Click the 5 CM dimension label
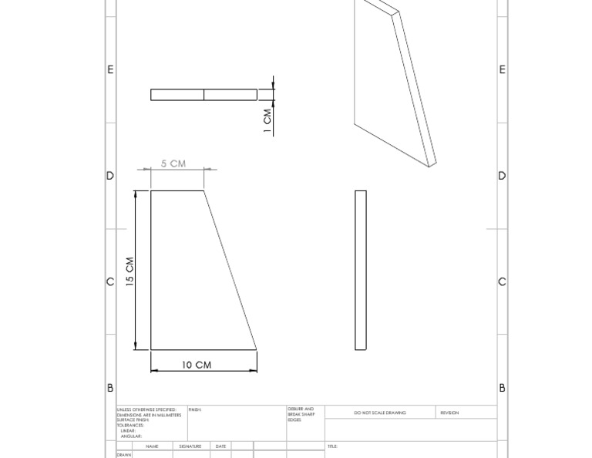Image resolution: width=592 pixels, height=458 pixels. [173, 163]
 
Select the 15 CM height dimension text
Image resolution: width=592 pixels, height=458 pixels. [130, 271]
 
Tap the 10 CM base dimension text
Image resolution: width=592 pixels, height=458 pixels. [197, 365]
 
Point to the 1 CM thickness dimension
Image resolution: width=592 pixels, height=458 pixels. [267, 120]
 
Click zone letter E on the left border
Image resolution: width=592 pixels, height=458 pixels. [110, 69]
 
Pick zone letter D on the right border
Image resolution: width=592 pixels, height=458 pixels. [502, 176]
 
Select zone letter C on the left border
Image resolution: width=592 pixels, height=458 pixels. [110, 281]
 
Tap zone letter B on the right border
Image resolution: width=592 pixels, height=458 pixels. [502, 388]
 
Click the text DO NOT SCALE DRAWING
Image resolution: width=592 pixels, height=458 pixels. [380, 413]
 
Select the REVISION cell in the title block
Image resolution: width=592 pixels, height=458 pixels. [449, 413]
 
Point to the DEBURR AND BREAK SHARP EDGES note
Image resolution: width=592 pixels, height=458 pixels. [301, 415]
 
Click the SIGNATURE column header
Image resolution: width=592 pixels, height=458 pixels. [190, 446]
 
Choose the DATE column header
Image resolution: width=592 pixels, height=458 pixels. [220, 446]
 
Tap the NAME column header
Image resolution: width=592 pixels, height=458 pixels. [152, 446]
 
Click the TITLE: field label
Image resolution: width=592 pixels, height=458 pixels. [332, 446]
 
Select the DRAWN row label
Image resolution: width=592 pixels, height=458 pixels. [124, 455]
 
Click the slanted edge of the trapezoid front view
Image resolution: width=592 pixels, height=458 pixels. [230, 271]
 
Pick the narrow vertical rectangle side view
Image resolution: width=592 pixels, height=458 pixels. [360, 270]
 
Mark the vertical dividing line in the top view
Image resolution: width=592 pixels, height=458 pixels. [204, 95]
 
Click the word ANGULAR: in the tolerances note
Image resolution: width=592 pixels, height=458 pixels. [131, 436]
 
